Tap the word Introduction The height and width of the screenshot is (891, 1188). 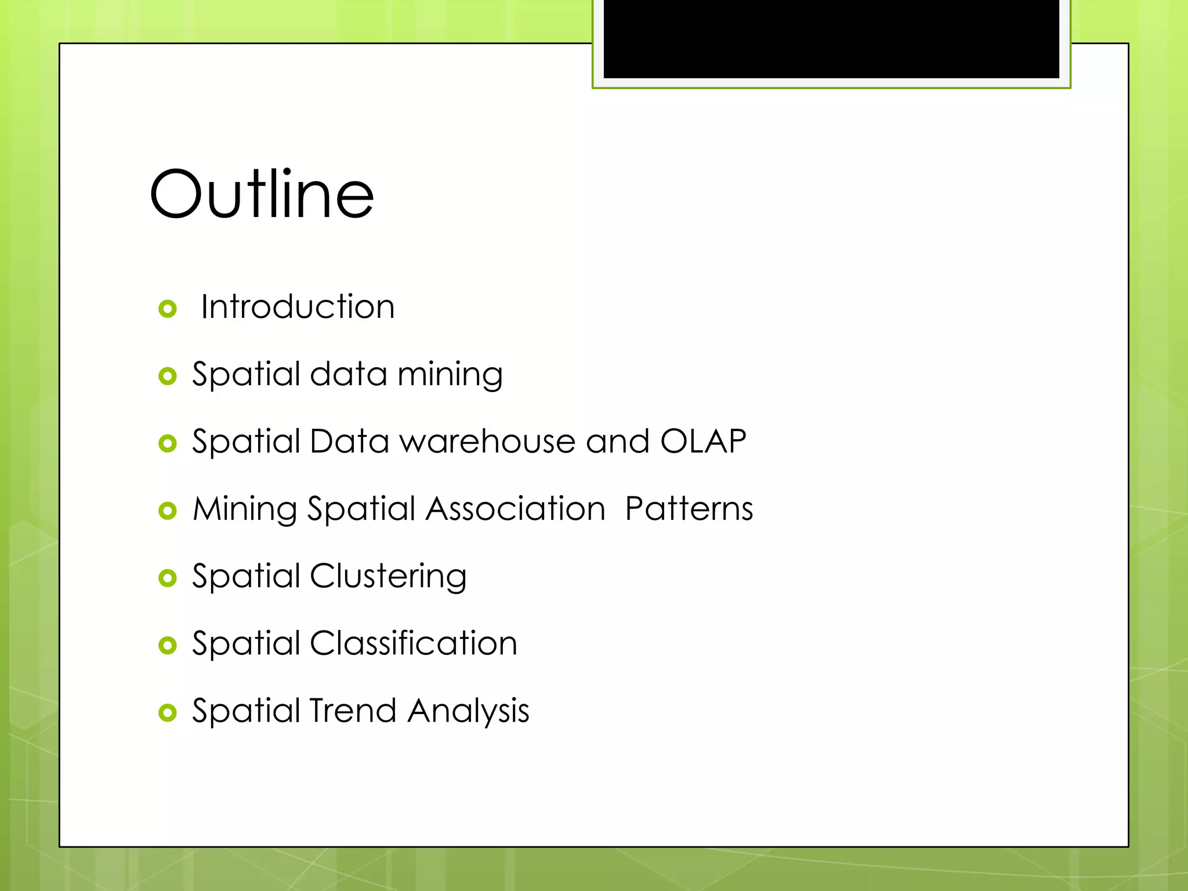[298, 306]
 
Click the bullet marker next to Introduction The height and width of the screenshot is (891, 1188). [168, 309]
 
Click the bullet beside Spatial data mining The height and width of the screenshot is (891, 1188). [168, 376]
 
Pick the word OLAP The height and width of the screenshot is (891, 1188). [703, 441]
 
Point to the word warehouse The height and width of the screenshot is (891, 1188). [487, 441]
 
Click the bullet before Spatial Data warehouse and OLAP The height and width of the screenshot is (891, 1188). [168, 444]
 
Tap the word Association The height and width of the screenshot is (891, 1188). [516, 509]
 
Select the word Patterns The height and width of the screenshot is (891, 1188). [689, 509]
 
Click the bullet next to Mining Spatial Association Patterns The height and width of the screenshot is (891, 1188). [168, 511]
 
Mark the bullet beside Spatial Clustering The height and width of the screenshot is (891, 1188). [168, 578]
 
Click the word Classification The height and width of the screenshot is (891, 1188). [413, 643]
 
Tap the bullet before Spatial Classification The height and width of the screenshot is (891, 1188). [168, 646]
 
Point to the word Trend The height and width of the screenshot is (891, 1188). [353, 711]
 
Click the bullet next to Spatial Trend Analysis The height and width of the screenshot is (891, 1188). [168, 713]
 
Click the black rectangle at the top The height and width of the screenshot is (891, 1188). [831, 38]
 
